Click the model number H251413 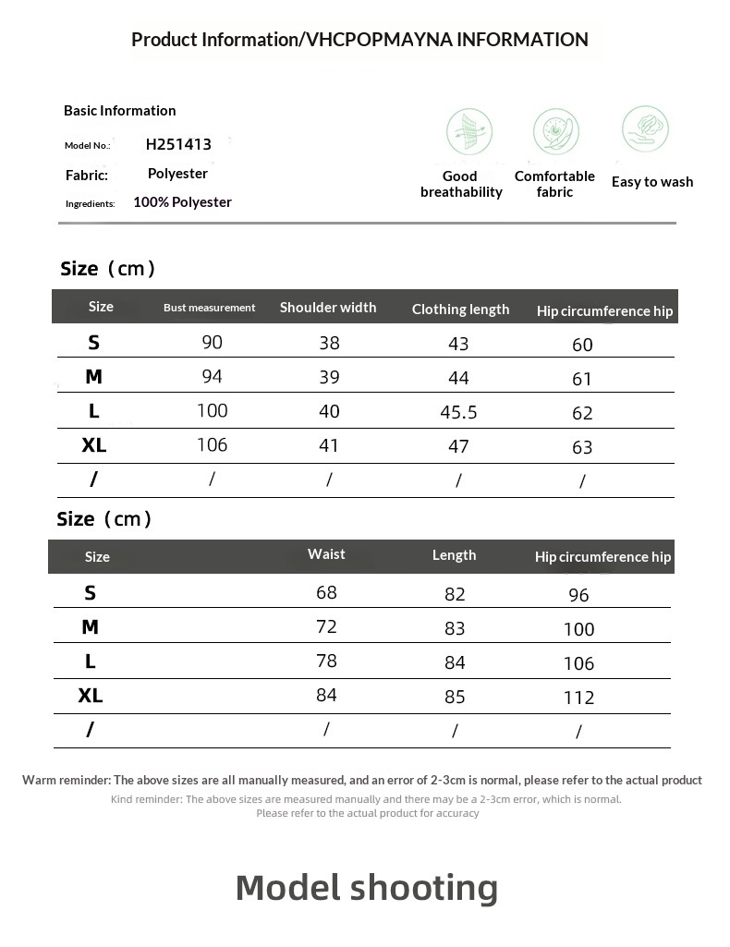point(178,144)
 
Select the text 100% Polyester point(182,202)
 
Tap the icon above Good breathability point(469,132)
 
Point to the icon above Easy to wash point(645,128)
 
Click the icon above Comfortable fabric point(555,131)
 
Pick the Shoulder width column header point(328,308)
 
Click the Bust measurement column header point(210,308)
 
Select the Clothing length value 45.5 point(458,412)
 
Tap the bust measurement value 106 point(212,445)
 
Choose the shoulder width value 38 point(329,343)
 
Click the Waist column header point(326,554)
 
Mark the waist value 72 point(326,627)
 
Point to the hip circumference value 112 point(578,698)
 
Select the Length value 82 point(455,594)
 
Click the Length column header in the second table point(455,555)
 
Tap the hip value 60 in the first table point(582,345)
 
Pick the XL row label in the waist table point(91,696)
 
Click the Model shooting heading point(367,888)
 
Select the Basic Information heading point(120,111)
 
